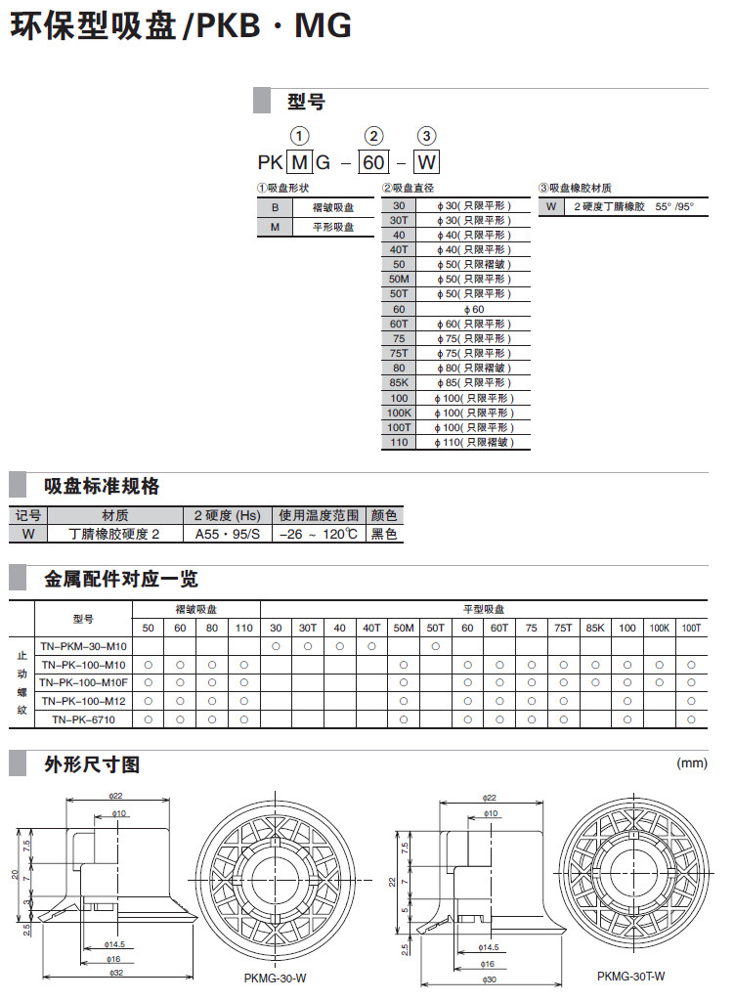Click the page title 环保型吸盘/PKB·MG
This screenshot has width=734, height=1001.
(181, 27)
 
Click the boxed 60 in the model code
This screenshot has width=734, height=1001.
(373, 161)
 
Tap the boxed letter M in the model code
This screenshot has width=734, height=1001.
(299, 161)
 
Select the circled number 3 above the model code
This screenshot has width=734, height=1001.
(427, 136)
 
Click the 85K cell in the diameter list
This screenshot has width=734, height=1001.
(399, 383)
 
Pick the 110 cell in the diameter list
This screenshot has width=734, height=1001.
(399, 442)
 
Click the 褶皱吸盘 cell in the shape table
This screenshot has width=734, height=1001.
(333, 207)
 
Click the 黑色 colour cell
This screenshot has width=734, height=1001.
(384, 535)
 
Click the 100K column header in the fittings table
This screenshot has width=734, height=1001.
(660, 627)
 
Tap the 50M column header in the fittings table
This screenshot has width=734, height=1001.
(403, 627)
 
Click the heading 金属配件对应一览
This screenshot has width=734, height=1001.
(121, 579)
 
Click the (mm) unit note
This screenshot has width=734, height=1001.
(691, 763)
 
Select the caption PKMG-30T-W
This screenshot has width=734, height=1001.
(631, 976)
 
